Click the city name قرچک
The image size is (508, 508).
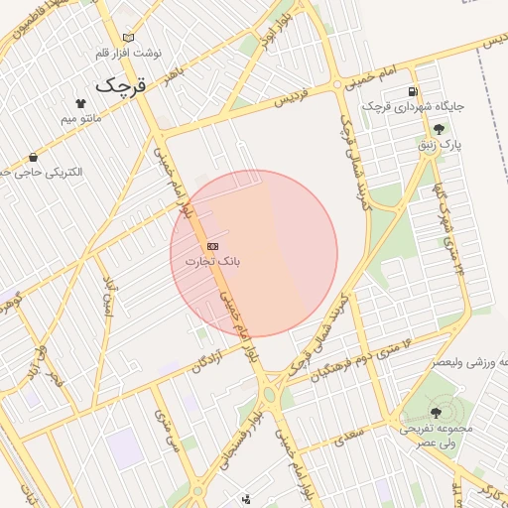pos(120,86)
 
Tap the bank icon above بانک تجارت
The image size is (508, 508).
pos(212,246)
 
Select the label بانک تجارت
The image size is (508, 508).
pos(212,261)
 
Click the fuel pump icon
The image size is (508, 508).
pos(412,92)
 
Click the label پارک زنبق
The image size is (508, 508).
pos(440,145)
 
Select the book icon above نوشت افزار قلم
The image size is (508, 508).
pos(127,38)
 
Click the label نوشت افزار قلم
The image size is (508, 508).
pos(127,53)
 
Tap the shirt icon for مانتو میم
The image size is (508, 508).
pos(80,102)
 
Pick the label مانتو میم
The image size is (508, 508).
pos(81,118)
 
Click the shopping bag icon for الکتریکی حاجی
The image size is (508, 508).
pos(34,157)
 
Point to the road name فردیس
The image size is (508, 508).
pos(287,99)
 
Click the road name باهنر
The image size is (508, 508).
pos(175,75)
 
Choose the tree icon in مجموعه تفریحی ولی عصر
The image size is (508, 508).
pos(437,412)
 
